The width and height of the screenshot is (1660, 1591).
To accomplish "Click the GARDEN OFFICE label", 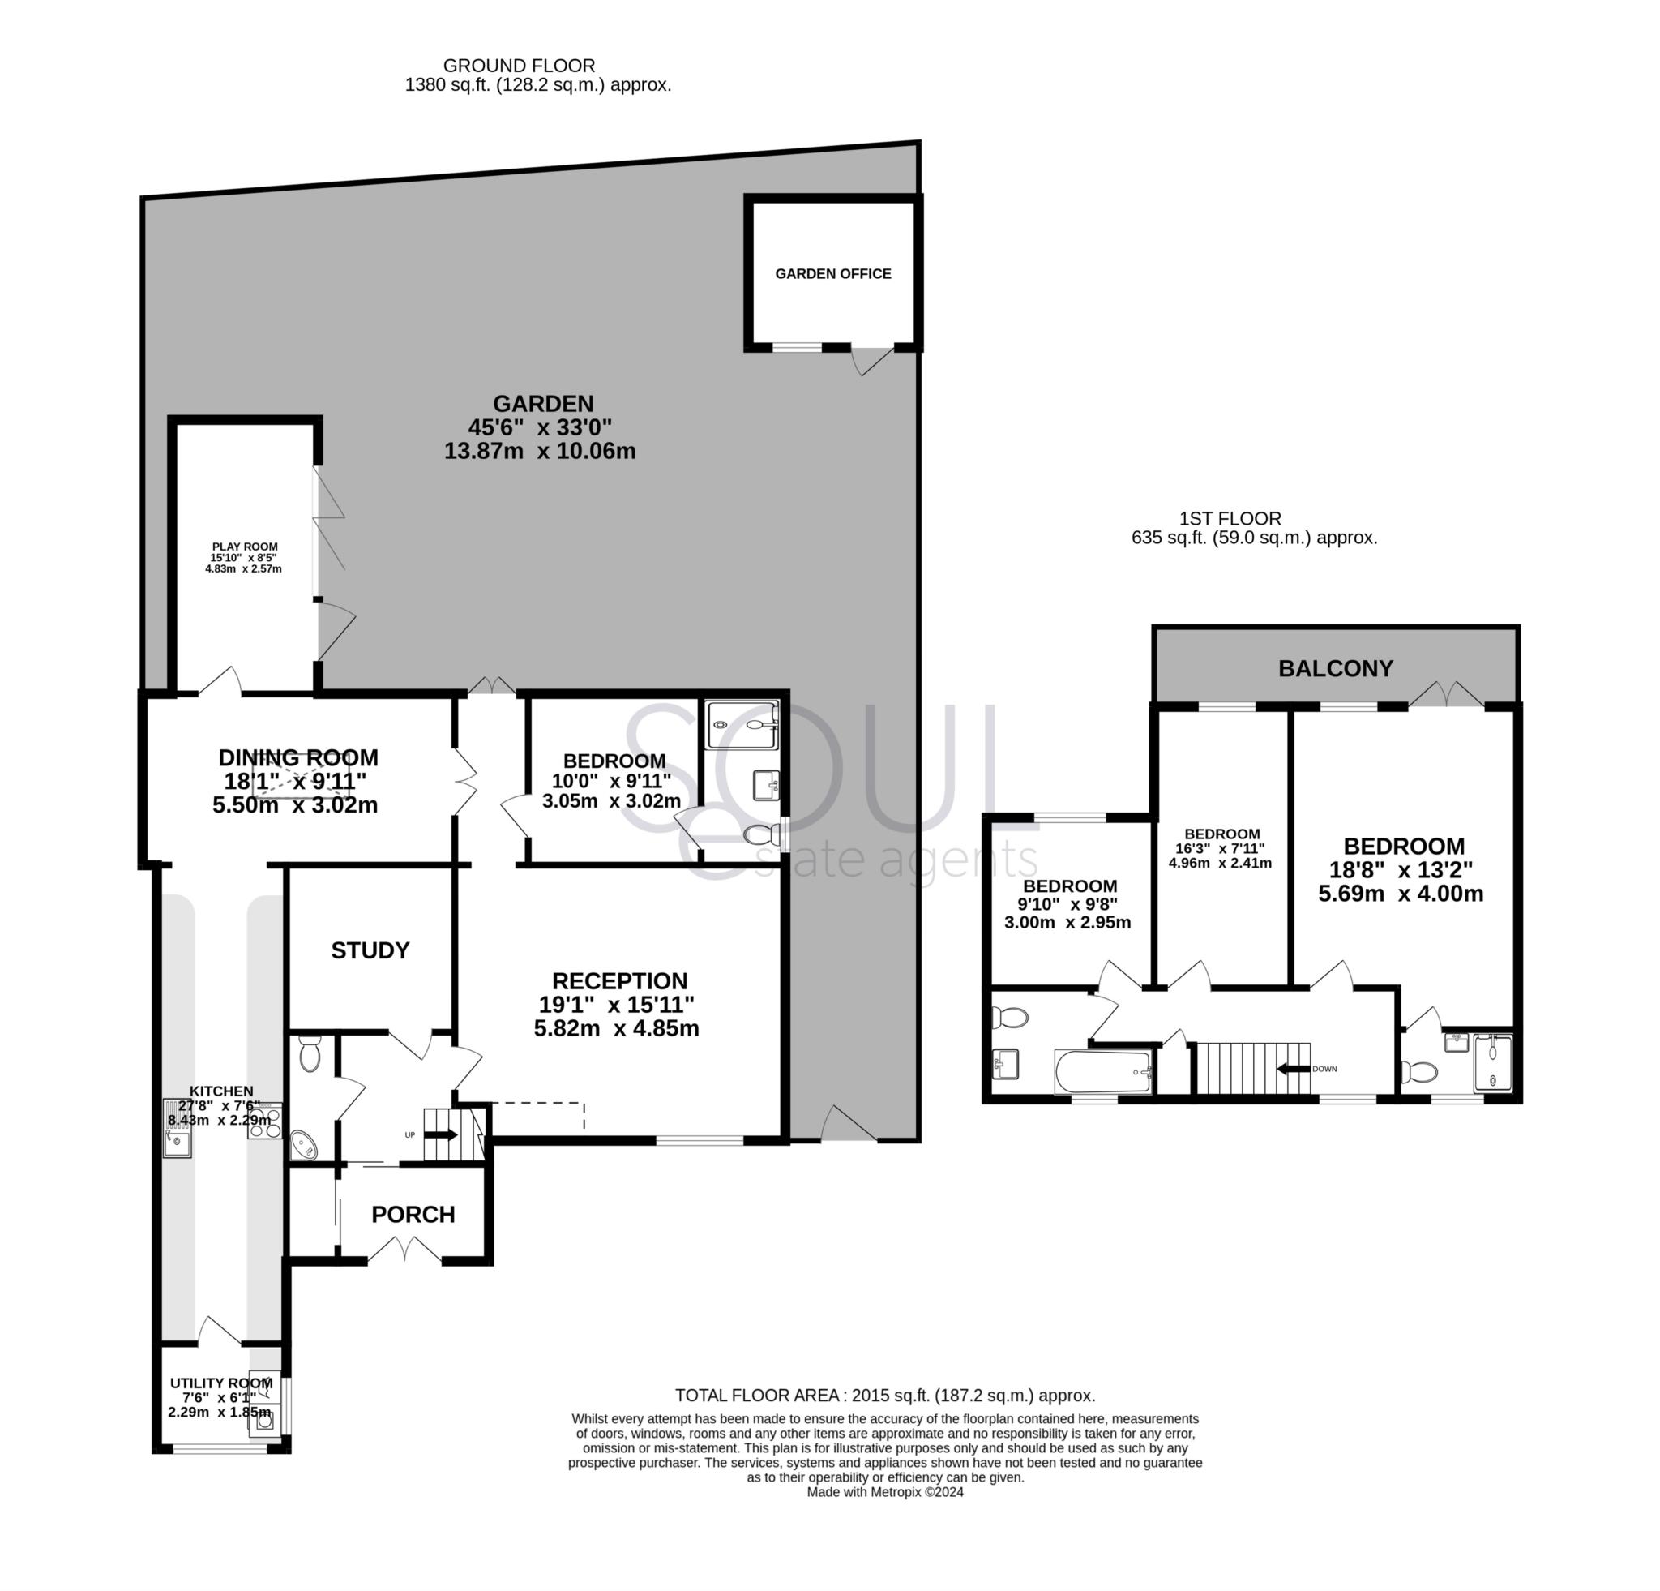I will point(832,273).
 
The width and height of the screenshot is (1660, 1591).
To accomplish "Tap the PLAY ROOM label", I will point(245,547).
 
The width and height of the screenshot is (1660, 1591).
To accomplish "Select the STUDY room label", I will point(370,950).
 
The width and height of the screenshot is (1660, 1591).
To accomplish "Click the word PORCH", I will point(413,1215).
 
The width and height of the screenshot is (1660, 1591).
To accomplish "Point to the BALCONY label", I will point(1335,668).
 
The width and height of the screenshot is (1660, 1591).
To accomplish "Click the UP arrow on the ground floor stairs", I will point(440,1134).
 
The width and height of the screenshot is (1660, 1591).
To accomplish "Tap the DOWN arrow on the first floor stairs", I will point(1293,1069).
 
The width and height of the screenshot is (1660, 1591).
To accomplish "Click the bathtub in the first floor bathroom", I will point(1102,1072).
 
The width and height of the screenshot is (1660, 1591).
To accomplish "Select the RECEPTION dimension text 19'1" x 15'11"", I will point(617,1005).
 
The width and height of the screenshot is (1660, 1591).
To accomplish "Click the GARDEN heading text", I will point(543,403).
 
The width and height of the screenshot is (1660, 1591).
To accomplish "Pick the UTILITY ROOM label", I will point(221,1383).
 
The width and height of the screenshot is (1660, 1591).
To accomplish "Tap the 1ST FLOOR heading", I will point(1230,518).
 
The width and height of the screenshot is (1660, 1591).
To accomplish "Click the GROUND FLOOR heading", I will point(520,65).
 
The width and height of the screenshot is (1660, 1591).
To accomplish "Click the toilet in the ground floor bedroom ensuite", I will point(759,836).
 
